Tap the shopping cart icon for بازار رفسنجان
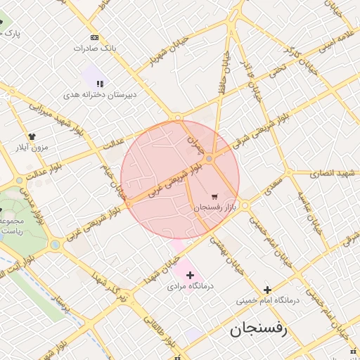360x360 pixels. [214, 196]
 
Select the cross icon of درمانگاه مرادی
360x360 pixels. [190, 275]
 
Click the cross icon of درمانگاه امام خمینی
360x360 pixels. [267, 289]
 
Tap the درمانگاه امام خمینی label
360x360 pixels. [267, 300]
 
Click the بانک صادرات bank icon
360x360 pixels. [95, 37]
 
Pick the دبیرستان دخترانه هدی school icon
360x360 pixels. [100, 83]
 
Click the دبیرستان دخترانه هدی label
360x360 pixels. [101, 94]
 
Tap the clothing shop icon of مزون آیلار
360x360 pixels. [31, 136]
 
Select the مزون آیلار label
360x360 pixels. [31, 148]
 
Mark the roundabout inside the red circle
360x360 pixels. [210, 160]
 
